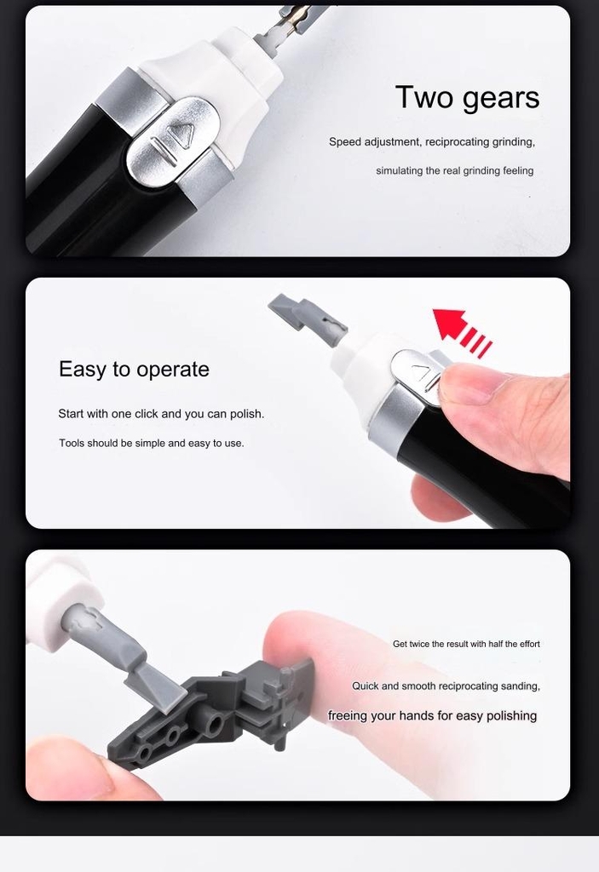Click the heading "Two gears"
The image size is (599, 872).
467,98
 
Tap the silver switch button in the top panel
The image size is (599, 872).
170,141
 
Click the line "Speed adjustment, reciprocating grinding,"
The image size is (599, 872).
431,142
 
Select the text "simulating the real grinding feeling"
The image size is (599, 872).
454,171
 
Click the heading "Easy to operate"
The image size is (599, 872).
134,370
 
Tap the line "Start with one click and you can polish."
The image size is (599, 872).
161,414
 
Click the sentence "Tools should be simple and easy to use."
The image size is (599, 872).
151,444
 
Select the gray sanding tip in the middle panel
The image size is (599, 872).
307,317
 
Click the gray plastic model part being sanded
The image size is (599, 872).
213,711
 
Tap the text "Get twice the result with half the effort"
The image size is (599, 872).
466,644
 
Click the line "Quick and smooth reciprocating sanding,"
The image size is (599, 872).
446,686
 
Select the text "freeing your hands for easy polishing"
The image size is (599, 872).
432,716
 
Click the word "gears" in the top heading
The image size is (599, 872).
502,98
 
